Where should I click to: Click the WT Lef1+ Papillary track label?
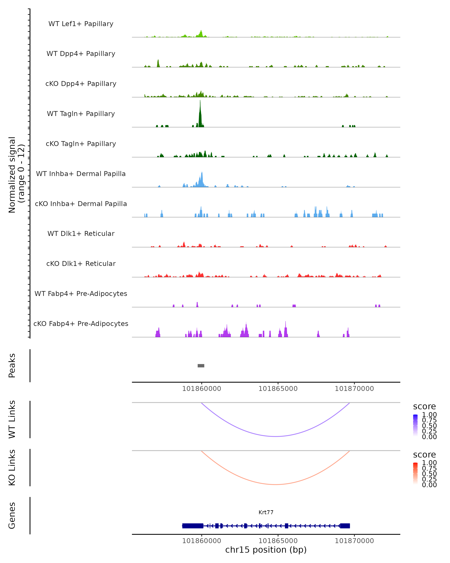[81, 24]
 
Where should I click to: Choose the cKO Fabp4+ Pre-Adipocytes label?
[81, 324]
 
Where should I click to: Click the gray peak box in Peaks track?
[201, 366]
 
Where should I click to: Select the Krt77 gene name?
[266, 512]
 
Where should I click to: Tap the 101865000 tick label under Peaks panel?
[278, 389]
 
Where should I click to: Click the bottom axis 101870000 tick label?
[354, 541]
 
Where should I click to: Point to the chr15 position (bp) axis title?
[266, 550]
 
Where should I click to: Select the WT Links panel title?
[12, 419]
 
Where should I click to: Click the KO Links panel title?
[12, 467]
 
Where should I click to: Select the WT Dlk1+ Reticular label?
[81, 233]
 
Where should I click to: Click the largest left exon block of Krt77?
[193, 526]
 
